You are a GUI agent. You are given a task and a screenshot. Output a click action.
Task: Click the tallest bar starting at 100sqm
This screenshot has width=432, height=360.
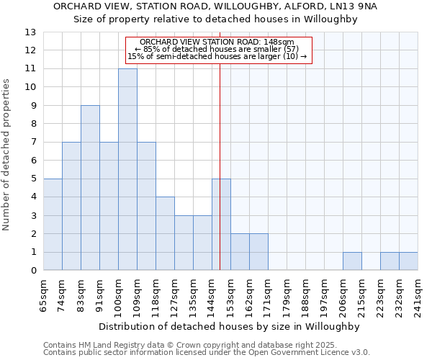(127, 170)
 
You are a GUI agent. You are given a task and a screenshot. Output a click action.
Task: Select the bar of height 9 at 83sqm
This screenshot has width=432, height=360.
(90, 188)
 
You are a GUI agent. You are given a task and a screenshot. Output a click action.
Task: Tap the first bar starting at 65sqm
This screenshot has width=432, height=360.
(53, 225)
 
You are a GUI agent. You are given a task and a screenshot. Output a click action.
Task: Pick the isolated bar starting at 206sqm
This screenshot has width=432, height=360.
(352, 261)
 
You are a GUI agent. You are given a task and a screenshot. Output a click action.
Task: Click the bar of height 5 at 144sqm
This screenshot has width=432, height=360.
(221, 225)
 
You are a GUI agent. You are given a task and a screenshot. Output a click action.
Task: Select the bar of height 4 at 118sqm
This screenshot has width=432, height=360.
(165, 234)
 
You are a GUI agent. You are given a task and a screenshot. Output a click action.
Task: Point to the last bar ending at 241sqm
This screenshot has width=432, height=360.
(408, 261)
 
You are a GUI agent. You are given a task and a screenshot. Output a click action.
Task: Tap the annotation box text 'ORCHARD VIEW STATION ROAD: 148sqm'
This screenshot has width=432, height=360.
(217, 42)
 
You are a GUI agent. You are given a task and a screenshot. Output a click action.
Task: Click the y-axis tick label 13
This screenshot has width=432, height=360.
(30, 32)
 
